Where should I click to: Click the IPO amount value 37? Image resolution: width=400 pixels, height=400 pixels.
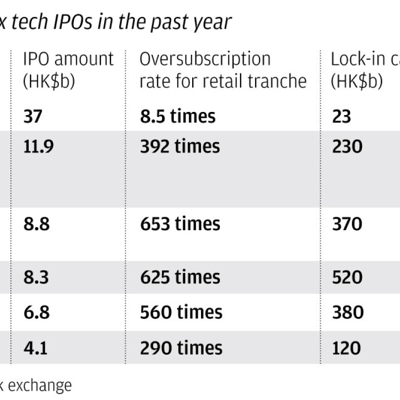tap(34, 116)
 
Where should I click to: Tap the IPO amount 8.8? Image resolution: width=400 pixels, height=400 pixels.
tap(36, 224)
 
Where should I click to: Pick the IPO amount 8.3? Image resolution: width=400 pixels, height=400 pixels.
tap(36, 277)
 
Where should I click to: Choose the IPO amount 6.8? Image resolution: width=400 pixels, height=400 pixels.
tap(36, 312)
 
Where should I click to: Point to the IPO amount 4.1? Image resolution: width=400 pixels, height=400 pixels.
tap(35, 347)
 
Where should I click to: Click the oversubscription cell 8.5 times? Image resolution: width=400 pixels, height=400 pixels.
tap(177, 116)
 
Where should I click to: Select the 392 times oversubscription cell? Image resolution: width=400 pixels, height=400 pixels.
tap(180, 146)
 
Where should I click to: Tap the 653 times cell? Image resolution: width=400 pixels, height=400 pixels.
tap(180, 224)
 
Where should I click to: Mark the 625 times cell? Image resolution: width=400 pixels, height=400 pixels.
tap(180, 277)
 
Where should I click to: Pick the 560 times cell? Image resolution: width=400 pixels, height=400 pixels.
tap(181, 312)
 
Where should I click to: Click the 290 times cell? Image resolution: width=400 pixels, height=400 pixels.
tap(181, 347)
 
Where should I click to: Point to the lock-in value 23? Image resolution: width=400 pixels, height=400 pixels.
tap(342, 116)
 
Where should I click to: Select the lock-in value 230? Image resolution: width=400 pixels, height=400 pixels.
tap(347, 146)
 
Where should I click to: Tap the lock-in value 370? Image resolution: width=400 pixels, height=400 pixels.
tap(347, 224)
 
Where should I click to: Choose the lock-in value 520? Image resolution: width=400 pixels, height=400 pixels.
tap(347, 277)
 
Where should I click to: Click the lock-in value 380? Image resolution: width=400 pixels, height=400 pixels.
tap(347, 312)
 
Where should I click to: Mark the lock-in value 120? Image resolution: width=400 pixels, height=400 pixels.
tap(346, 347)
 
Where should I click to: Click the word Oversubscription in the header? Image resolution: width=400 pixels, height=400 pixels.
tap(205, 59)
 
